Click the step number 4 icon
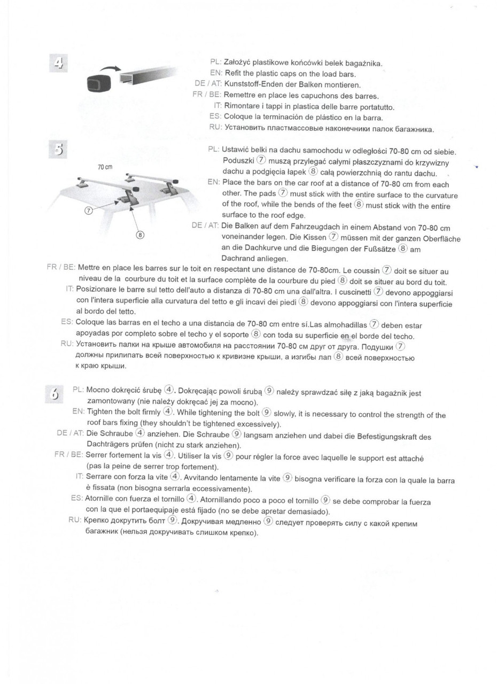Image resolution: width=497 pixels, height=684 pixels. pyautogui.click(x=58, y=64)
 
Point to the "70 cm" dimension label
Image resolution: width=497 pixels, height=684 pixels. pyautogui.click(x=105, y=167)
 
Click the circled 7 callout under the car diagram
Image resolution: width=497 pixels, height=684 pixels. pyautogui.click(x=89, y=211)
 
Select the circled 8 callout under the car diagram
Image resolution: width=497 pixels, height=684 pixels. pyautogui.click(x=140, y=234)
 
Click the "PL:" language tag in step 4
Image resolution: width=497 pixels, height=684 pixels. pyautogui.click(x=216, y=63)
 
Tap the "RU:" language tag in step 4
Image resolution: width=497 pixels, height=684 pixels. pyautogui.click(x=215, y=127)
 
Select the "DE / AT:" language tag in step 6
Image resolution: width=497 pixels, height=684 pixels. pyautogui.click(x=70, y=433)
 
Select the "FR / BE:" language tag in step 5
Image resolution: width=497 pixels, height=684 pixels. pyautogui.click(x=61, y=267)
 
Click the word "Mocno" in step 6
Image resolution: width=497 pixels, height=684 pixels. pyautogui.click(x=98, y=390)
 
